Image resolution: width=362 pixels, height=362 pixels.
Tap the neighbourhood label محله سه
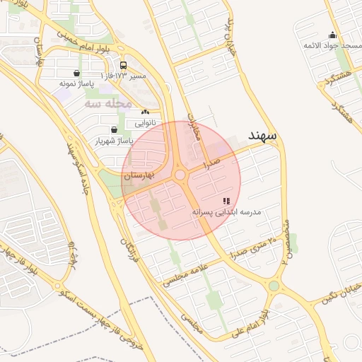point(108,103)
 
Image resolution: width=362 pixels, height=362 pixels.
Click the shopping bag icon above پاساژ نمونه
point(76,73)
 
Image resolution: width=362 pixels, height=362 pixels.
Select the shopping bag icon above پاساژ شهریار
point(115,129)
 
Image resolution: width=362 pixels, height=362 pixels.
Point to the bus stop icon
point(124,64)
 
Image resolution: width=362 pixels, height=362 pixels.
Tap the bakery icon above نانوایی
point(145,112)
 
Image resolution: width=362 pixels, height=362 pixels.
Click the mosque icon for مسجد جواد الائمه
point(332,35)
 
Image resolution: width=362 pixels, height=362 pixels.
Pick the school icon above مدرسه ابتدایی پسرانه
point(226,202)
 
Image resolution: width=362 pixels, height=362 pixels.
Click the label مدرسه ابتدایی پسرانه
point(226,211)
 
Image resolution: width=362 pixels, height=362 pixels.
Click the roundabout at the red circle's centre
point(180,175)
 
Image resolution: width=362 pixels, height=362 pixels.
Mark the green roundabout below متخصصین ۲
point(274,286)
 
